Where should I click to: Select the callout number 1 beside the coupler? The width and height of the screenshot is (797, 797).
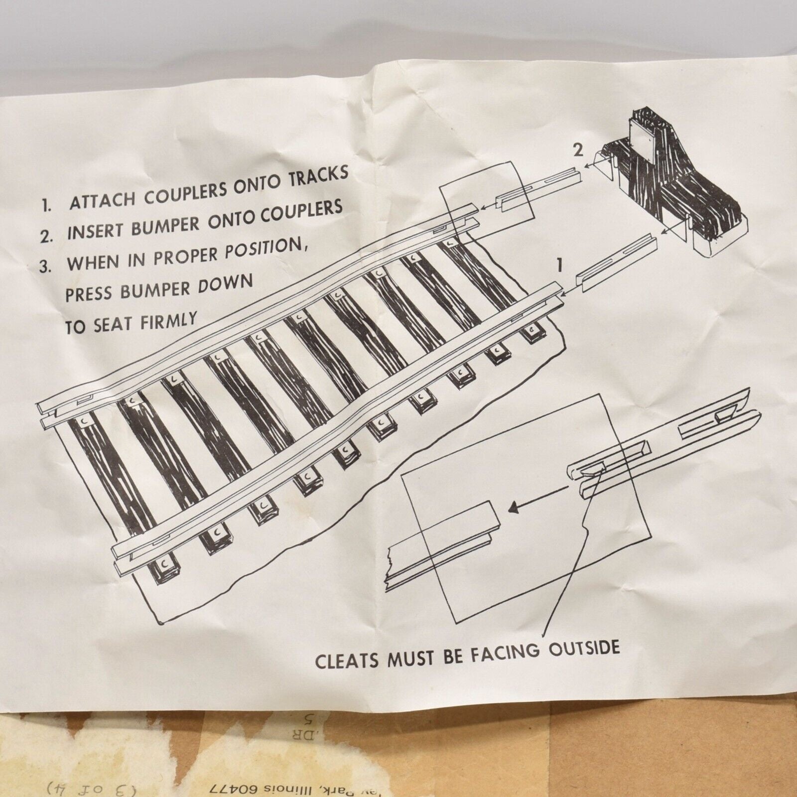click(x=560, y=265)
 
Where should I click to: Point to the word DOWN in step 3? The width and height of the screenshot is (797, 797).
click(x=227, y=283)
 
